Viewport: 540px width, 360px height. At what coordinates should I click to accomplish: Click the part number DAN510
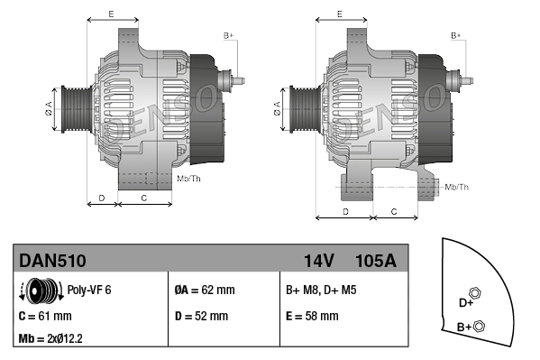(x=52, y=262)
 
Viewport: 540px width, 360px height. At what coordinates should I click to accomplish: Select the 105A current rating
(x=376, y=262)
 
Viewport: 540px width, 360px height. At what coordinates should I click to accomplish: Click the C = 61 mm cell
(x=45, y=317)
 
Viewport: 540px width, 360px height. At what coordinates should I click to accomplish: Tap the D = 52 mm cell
(x=203, y=317)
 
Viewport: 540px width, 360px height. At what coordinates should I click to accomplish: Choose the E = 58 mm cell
(x=312, y=317)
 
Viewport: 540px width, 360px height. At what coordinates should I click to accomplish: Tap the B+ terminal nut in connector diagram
(x=479, y=326)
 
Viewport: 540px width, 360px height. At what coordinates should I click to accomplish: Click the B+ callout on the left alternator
(x=228, y=35)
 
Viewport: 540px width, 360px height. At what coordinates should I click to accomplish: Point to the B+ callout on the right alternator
(x=456, y=35)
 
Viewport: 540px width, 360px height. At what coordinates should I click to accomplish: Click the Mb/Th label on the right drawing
(x=457, y=187)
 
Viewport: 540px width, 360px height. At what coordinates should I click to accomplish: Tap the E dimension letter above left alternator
(x=110, y=14)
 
